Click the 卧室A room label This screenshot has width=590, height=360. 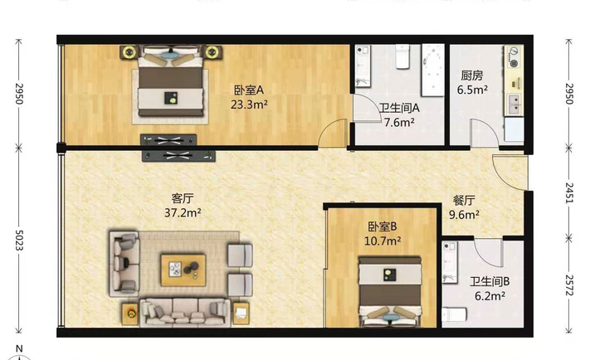click(x=249, y=90)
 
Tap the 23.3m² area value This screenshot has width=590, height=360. click(x=249, y=105)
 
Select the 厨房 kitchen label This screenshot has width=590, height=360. click(x=472, y=75)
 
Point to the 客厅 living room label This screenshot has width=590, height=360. click(x=183, y=198)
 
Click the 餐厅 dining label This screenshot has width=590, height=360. click(x=464, y=201)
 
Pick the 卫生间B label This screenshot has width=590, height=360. click(x=490, y=281)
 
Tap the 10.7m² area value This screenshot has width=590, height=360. click(x=383, y=241)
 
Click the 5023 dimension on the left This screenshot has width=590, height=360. click(x=19, y=240)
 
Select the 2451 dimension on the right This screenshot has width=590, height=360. click(x=569, y=193)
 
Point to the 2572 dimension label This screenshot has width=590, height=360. click(x=569, y=285)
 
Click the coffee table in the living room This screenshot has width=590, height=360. click(x=183, y=270)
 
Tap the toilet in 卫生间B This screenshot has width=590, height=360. click(x=455, y=314)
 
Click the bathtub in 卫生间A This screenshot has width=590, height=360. click(x=433, y=70)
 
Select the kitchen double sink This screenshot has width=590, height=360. click(x=514, y=105)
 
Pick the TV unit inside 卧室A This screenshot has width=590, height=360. click(x=168, y=140)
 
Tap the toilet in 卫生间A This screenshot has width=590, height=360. click(x=402, y=56)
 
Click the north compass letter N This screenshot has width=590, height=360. click(x=19, y=348)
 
